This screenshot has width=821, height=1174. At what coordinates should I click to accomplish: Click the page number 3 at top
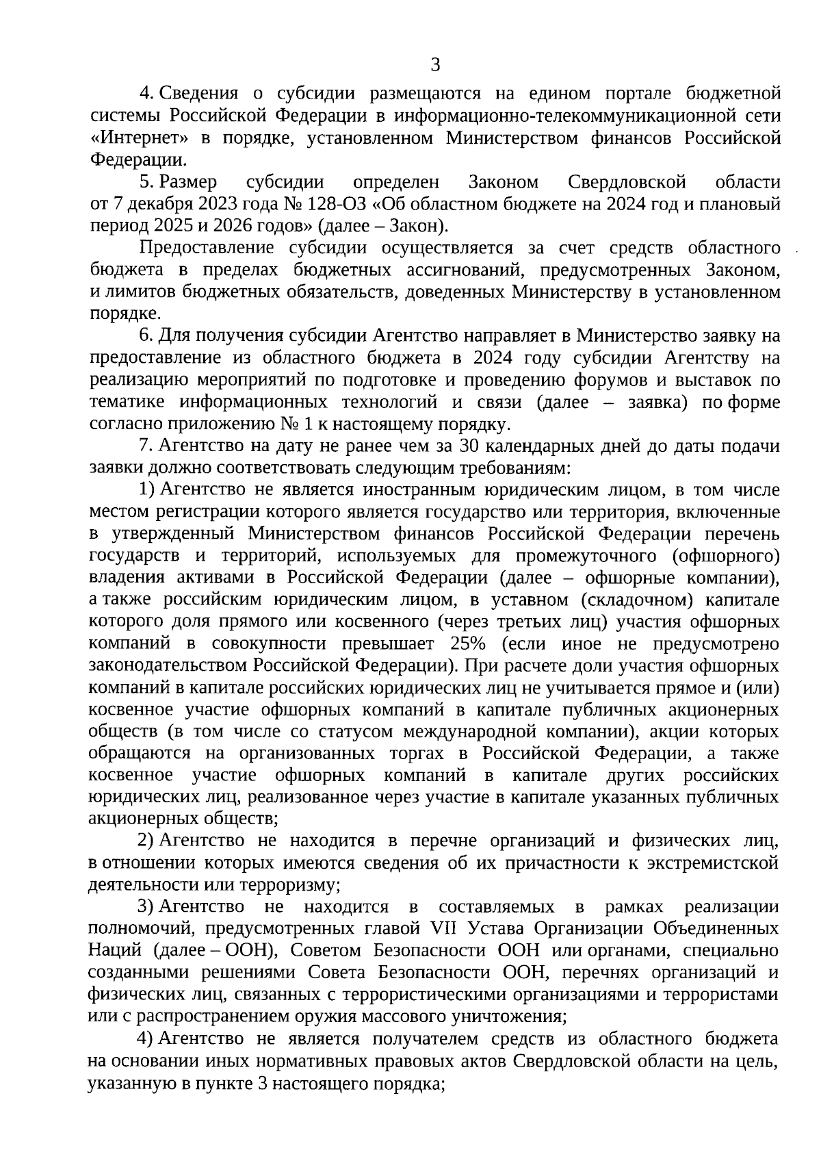tap(435, 66)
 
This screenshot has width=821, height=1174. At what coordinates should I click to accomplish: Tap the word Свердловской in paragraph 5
tap(627, 182)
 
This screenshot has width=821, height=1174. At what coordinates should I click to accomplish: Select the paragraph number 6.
tap(144, 337)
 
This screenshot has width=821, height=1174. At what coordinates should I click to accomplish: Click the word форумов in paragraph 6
tap(612, 381)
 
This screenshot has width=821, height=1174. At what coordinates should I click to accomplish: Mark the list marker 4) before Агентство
tap(145, 1039)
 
